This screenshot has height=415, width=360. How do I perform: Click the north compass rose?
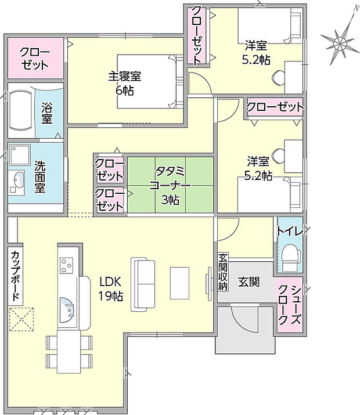[340, 41]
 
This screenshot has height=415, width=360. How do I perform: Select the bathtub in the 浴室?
[21, 111]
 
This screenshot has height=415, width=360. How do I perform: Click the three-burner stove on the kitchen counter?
[66, 265]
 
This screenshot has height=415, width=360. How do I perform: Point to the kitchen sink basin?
[67, 309]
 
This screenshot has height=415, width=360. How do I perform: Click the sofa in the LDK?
[143, 284]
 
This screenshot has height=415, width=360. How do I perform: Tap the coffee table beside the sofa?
[179, 283]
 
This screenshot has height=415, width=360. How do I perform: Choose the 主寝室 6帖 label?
[124, 83]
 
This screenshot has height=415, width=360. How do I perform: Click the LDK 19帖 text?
[111, 288]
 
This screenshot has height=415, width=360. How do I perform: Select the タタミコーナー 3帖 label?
[170, 185]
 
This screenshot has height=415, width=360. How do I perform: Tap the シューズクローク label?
[290, 305]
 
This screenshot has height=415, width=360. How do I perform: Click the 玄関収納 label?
[223, 272]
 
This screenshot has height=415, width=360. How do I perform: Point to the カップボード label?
[15, 276]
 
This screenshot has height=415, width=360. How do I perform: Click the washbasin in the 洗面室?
[17, 181]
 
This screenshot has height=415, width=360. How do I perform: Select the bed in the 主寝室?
[150, 81]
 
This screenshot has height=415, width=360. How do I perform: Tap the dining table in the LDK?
[69, 351]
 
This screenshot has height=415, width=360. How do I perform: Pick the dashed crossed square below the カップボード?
[21, 319]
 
